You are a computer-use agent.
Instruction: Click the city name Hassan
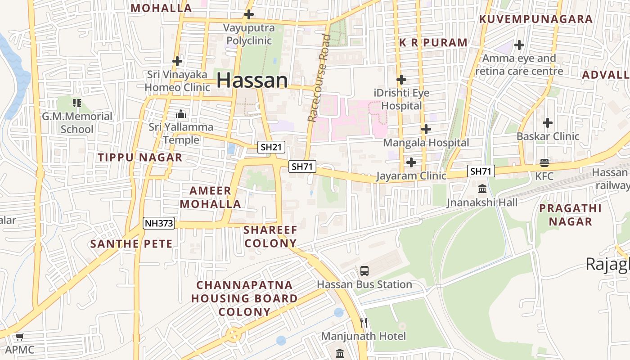coord(252,81)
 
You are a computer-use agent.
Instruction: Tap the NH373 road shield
coord(159,223)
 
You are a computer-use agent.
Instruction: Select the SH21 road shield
coord(271,147)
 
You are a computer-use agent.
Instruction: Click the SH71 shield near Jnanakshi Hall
coord(481,171)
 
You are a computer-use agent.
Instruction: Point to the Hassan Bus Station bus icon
coord(364,271)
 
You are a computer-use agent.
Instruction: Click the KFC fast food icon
coord(544,163)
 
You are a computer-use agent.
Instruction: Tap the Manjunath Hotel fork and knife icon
coord(364,322)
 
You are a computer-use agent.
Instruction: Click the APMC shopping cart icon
coord(19,337)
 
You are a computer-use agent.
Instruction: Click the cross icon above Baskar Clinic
coord(548,122)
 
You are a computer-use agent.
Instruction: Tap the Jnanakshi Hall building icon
coord(482,188)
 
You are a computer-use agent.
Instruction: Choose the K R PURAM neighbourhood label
coord(433,43)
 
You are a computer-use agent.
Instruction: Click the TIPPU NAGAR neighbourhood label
coord(140,157)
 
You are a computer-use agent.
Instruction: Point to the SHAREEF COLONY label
coord(270,237)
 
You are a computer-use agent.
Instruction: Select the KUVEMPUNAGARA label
coord(535,19)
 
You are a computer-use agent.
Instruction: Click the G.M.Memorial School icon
coord(77,103)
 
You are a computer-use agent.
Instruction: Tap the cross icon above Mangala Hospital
coord(426,129)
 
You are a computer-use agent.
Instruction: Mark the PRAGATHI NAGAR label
coord(570,215)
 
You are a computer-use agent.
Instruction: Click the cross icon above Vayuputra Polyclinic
coord(248,14)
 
